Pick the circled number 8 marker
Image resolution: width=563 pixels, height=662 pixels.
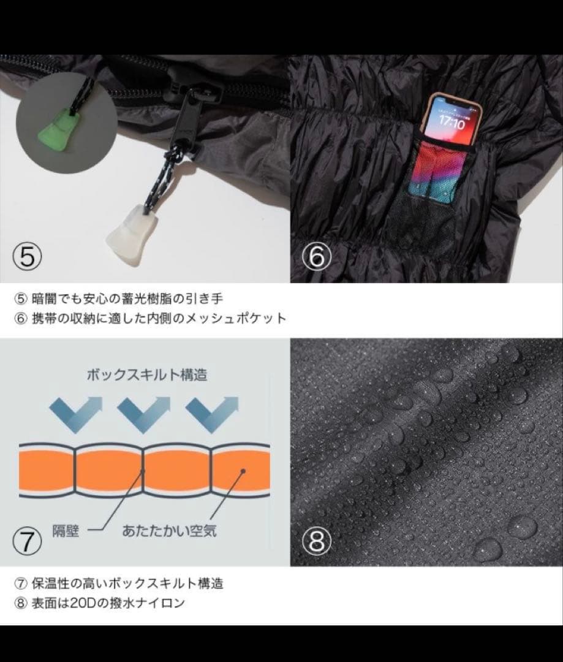click(x=316, y=540)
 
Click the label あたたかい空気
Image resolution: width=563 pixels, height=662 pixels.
click(x=168, y=530)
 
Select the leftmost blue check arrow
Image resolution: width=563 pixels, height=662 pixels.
click(x=76, y=411)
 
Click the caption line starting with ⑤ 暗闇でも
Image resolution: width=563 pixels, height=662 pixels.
click(x=119, y=299)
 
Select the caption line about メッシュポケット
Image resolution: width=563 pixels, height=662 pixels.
click(x=150, y=318)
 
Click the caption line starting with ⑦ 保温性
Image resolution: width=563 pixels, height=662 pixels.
click(x=119, y=582)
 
